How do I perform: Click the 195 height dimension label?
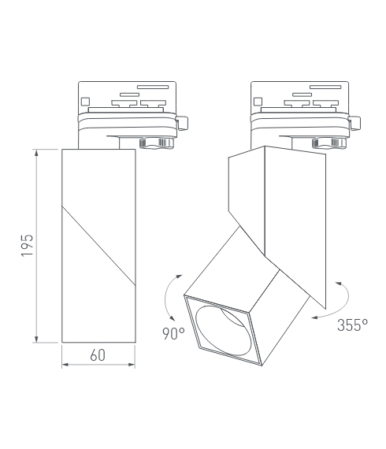(x=28, y=246)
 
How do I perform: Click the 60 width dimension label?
(x=98, y=355)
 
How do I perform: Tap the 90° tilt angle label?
(x=173, y=333)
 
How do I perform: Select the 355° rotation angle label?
(x=352, y=325)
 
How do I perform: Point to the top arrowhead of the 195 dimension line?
(x=36, y=152)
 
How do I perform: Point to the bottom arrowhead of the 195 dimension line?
(x=36, y=340)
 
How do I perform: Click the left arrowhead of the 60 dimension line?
(x=65, y=365)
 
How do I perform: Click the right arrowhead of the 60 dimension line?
(x=132, y=365)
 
